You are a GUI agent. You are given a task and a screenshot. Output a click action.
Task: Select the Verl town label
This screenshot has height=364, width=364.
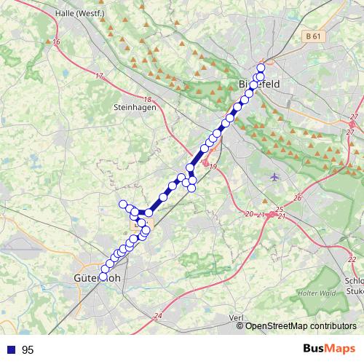tap(235, 318)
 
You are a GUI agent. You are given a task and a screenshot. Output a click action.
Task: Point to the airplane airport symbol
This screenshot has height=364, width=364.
tap(274, 176)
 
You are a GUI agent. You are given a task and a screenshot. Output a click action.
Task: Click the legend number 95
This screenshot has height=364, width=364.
tap(28, 350)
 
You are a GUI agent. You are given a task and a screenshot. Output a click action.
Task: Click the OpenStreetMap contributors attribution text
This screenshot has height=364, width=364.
tap(301, 325)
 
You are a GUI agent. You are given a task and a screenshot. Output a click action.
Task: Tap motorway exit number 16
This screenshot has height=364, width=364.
tap(56, 42)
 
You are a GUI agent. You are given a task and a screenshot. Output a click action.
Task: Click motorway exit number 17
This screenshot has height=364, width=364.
tap(99, 76)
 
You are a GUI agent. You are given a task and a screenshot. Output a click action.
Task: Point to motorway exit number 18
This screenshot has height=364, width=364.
tap(147, 100)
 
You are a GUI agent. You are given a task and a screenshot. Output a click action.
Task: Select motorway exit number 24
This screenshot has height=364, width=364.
tap(158, 315)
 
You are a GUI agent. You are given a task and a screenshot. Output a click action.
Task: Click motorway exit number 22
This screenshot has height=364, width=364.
tap(351, 259)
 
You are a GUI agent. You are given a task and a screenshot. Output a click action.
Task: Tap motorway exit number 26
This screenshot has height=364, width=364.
tap(298, 198)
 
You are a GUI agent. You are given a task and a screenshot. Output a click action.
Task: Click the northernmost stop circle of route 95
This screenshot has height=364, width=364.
tap(261, 68)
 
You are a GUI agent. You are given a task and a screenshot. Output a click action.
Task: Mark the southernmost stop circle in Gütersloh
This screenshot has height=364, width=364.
tap(103, 277)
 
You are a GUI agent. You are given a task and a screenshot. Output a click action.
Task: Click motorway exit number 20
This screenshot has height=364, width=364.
tap(249, 214)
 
